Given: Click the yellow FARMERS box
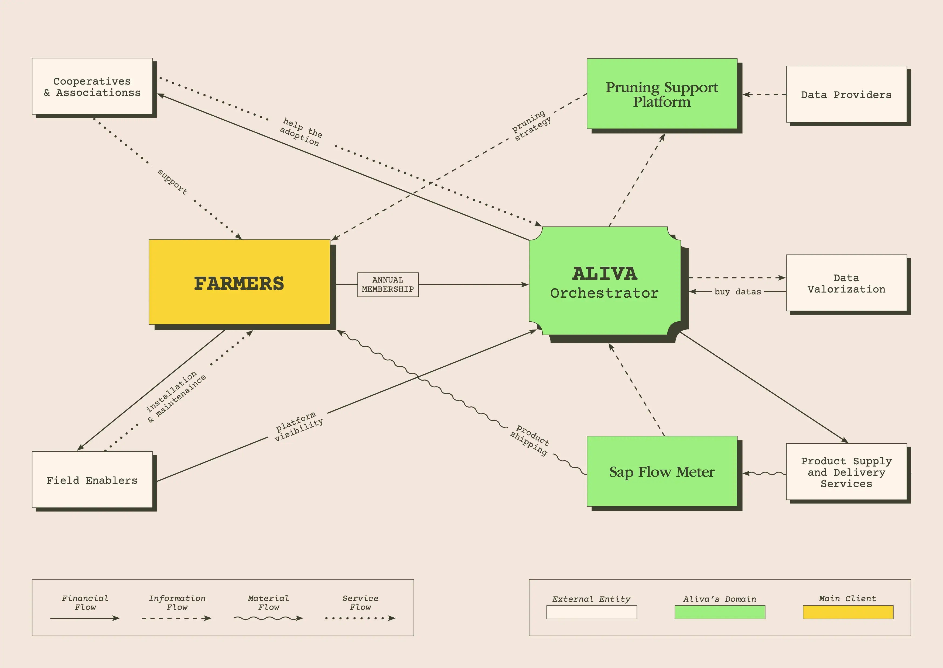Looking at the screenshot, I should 239,282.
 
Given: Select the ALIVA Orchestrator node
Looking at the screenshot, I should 604,281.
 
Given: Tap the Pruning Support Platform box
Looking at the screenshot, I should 662,94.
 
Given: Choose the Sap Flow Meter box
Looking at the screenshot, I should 662,471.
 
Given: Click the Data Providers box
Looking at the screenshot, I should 846,94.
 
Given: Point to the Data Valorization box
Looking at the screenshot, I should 846,283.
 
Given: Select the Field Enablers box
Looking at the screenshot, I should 92,480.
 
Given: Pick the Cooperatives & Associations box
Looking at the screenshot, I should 92,86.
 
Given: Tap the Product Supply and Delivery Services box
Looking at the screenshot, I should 846,472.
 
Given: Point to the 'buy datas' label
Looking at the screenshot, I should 737,292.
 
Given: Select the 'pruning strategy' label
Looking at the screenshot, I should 531,126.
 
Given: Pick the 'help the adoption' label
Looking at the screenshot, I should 301,132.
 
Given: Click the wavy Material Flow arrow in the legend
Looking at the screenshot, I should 268,618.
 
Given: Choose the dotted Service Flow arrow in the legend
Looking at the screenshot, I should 360,618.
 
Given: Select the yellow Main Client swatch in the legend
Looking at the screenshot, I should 848,612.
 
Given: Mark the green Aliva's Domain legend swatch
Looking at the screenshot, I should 719,612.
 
